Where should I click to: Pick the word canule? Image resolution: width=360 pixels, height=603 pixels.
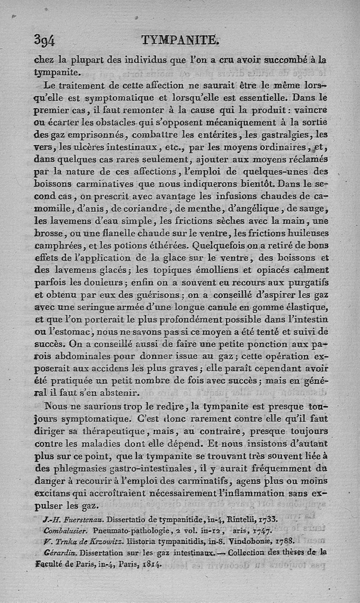(222, 307)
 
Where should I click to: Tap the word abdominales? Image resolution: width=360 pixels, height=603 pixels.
(84, 356)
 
